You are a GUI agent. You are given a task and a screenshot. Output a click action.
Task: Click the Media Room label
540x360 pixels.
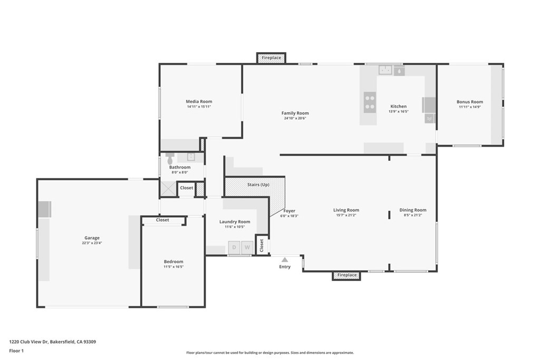[199, 102]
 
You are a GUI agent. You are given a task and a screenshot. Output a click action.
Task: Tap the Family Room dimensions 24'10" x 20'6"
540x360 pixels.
[295, 119]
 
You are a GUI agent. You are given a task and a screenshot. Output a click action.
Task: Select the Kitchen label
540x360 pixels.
[399, 106]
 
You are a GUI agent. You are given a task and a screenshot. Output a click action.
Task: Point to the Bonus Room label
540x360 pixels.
[470, 102]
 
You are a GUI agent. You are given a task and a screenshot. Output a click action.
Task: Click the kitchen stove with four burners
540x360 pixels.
[370, 102]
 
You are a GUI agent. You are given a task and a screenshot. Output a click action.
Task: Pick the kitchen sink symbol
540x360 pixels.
[385, 70]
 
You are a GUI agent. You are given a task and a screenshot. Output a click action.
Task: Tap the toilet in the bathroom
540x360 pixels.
[170, 158]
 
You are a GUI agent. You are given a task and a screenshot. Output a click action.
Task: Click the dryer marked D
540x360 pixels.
[234, 247]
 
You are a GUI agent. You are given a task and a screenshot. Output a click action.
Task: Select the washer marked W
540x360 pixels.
[247, 247]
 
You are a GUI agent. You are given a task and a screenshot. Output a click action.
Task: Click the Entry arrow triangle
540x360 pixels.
[284, 260]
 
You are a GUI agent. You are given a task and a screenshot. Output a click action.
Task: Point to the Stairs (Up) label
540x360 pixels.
[258, 185]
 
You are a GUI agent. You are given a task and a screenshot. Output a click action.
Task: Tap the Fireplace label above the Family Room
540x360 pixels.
[272, 58]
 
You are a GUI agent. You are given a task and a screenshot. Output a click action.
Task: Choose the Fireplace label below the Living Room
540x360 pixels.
[347, 275]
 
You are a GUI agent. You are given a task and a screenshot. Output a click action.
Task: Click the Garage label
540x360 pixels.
[92, 238]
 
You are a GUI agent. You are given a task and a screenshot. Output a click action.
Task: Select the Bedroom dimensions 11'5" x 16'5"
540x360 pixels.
[173, 267]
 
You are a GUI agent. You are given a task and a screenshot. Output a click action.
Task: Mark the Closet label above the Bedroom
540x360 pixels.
[162, 220]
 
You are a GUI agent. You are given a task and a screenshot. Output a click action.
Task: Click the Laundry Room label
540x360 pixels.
[235, 222]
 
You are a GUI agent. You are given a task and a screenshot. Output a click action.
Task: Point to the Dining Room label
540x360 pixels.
[413, 210]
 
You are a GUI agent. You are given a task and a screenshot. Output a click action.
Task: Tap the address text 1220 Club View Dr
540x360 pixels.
[28, 342]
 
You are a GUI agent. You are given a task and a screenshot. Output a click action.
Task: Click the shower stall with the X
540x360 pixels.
[168, 189]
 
